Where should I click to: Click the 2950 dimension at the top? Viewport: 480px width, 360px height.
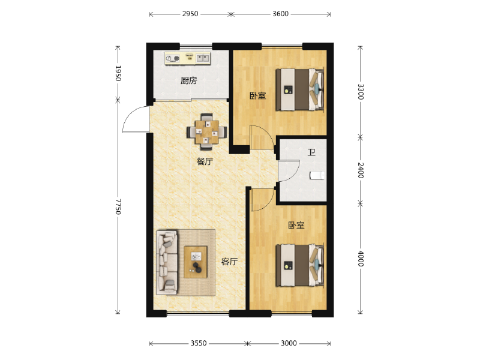(x=190, y=14)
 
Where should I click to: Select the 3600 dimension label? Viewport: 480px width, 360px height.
(x=280, y=14)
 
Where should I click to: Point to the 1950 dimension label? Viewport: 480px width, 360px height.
(x=118, y=73)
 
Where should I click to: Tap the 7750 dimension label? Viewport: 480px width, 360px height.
(x=118, y=206)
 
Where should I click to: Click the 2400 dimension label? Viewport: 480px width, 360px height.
(x=361, y=170)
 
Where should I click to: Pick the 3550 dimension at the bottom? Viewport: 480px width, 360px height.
(x=199, y=343)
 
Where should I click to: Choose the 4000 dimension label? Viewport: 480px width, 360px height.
(x=361, y=259)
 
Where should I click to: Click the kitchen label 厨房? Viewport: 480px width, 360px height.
(x=188, y=80)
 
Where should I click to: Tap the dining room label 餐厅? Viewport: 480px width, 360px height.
(x=205, y=161)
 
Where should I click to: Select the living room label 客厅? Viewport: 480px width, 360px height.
(x=229, y=262)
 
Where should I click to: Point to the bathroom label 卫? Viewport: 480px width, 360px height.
(x=311, y=152)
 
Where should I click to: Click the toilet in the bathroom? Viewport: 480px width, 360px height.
(x=317, y=175)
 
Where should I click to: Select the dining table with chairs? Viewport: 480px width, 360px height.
(x=207, y=132)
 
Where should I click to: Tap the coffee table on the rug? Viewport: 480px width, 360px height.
(x=196, y=262)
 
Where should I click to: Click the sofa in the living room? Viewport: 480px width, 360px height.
(x=167, y=263)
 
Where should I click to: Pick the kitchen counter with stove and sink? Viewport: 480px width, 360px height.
(x=188, y=58)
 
